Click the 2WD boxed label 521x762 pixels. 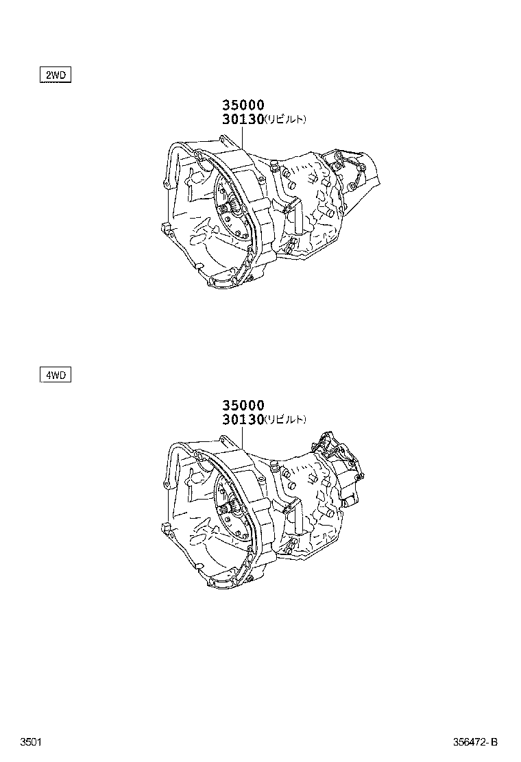pyautogui.click(x=55, y=75)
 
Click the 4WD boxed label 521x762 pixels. pyautogui.click(x=55, y=375)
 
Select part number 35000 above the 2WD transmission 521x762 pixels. pyautogui.click(x=243, y=105)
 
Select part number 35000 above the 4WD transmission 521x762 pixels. pyautogui.click(x=243, y=405)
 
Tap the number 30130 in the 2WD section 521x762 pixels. pyautogui.click(x=243, y=119)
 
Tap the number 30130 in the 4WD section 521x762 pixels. pyautogui.click(x=243, y=419)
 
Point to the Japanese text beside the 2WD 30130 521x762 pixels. pyautogui.click(x=285, y=119)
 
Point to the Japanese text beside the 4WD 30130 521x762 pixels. pyautogui.click(x=285, y=419)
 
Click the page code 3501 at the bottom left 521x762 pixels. pyautogui.click(x=31, y=742)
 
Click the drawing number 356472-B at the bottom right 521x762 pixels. pyautogui.click(x=475, y=742)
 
